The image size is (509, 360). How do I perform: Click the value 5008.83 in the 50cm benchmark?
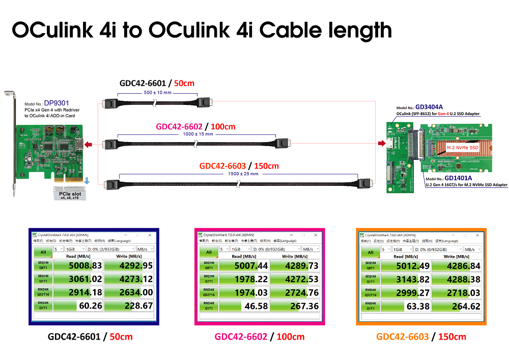click(x=78, y=266)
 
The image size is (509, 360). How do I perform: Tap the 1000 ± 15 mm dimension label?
click(x=197, y=134)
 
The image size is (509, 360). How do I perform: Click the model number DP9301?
click(x=56, y=103)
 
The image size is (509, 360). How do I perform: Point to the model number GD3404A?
click(x=429, y=107)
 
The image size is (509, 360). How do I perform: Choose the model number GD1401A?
click(x=458, y=178)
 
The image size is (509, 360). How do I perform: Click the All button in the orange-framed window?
click(x=370, y=253)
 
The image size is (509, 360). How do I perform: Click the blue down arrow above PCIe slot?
click(x=88, y=181)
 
